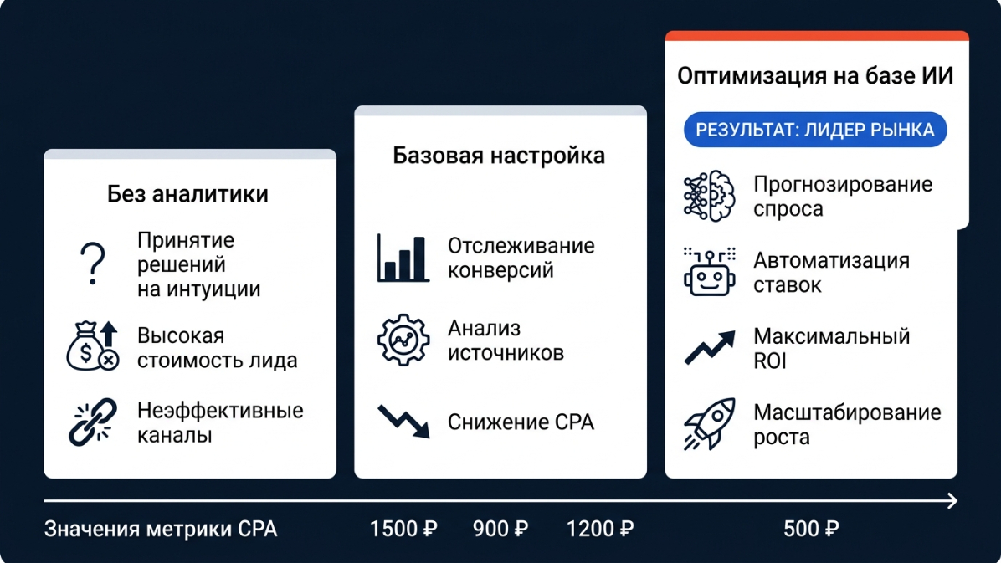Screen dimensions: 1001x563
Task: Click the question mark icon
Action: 93,263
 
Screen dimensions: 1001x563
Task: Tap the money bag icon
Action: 93,346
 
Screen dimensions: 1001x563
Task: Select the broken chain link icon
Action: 93,422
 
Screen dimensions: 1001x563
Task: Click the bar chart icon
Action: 403,258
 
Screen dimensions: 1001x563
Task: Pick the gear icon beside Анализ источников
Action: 403,340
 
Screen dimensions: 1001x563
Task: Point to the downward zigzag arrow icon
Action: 403,422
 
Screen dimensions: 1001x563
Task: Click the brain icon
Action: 709,196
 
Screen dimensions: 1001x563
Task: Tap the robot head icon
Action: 709,272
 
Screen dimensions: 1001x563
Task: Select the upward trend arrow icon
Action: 709,348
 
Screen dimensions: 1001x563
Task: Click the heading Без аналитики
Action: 187,194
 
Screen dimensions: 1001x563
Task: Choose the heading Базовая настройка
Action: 499,156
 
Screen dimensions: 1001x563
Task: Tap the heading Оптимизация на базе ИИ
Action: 815,76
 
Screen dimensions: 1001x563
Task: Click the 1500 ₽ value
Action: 403,529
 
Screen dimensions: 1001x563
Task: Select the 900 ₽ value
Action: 501,529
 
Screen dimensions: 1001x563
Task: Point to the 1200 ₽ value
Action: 600,529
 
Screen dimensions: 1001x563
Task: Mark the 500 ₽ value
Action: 811,529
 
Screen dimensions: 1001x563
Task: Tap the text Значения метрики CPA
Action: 161,530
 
